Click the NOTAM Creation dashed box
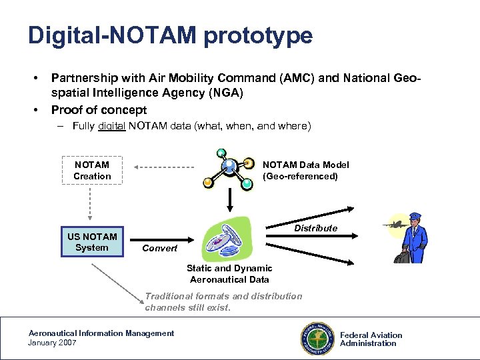[x=92, y=171]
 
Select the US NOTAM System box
[x=92, y=242]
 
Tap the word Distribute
[x=315, y=228]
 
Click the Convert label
[x=160, y=248]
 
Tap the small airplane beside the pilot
[x=394, y=224]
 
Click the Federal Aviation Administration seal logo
[x=317, y=338]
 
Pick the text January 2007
[x=52, y=343]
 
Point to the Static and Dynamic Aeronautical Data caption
[x=229, y=274]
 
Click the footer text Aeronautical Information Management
[x=101, y=333]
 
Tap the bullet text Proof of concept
[x=99, y=109]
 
